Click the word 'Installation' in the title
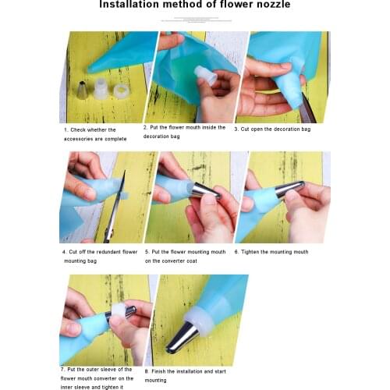tap(135, 5)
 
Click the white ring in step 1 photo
tap(120, 91)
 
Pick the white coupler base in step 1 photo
tap(100, 85)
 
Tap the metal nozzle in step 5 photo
tap(206, 190)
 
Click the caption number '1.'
tap(66, 129)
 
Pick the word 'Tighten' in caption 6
tap(252, 252)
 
